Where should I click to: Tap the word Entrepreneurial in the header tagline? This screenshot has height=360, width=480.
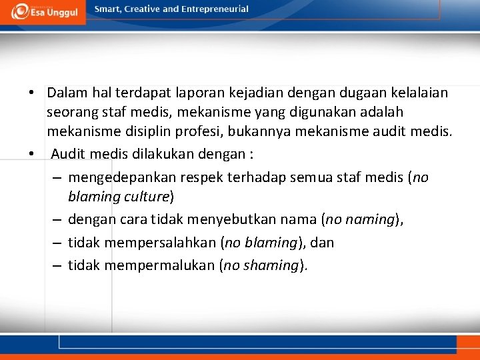(x=215, y=9)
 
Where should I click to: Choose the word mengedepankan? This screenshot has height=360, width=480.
(x=123, y=177)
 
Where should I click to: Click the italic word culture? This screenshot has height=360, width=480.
(x=148, y=197)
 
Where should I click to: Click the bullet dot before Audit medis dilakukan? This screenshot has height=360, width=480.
(x=31, y=153)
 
